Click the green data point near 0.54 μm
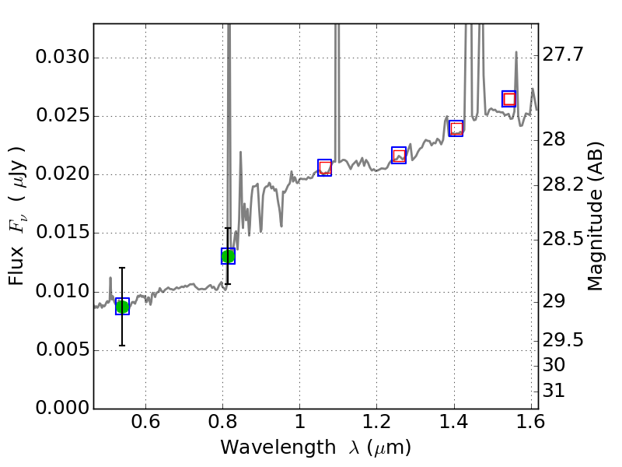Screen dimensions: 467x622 point(122,307)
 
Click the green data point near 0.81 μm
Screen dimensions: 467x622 point(228,256)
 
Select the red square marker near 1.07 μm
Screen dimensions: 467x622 point(325,167)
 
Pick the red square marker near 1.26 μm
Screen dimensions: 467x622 point(399,156)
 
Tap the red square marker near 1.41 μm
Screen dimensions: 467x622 point(456,128)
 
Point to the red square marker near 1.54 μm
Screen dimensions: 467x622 point(509,99)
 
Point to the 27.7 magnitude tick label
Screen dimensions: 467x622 point(564,54)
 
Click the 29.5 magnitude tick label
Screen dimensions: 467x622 point(564,339)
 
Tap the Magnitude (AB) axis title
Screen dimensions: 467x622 point(596,216)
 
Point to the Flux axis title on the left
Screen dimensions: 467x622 point(17,216)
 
